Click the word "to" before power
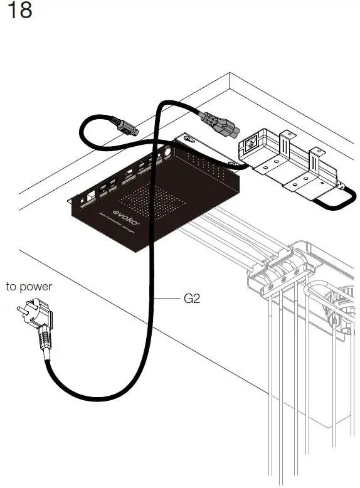[x=12, y=287]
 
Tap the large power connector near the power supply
[x=220, y=124]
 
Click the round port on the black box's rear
[x=167, y=152]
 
